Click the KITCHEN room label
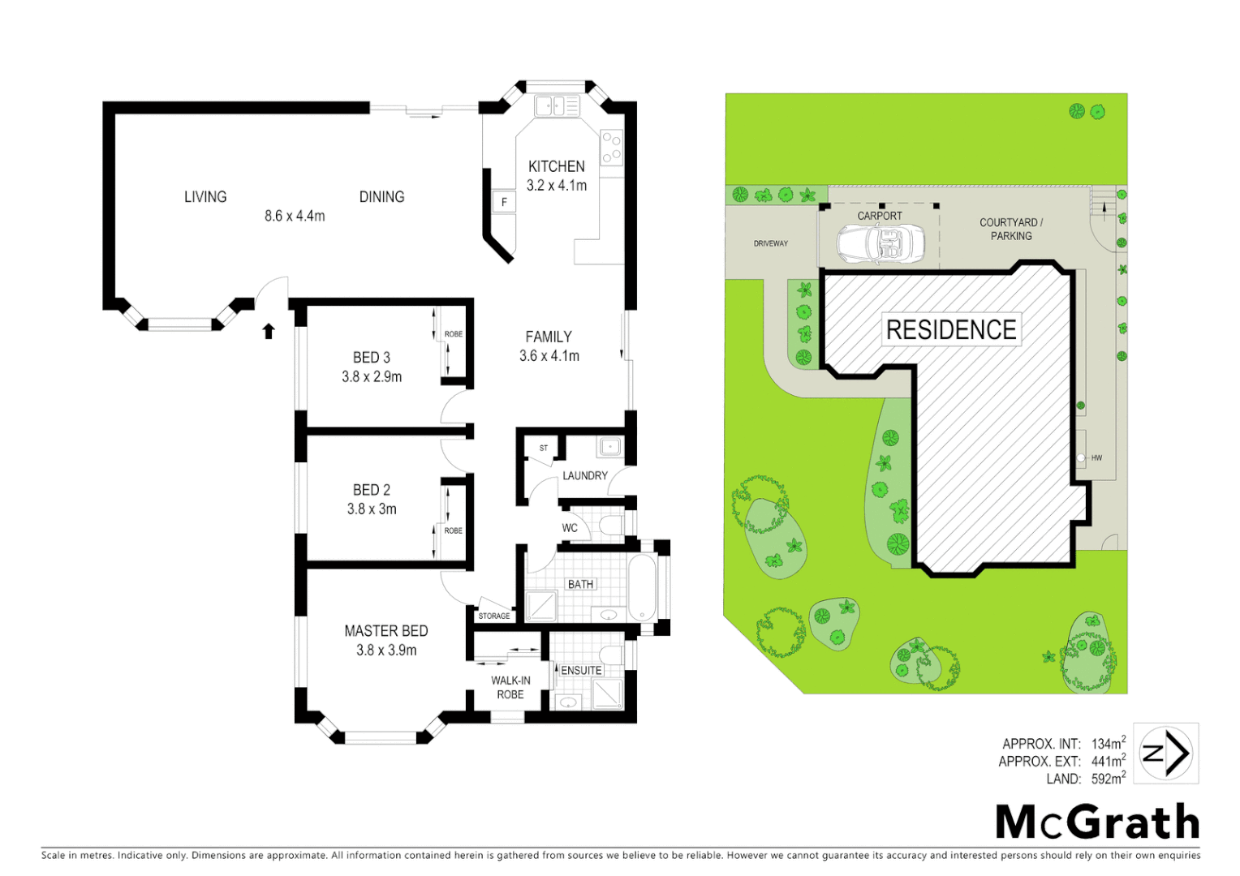coord(556,166)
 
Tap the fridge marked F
coord(504,202)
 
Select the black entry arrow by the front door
coord(269,330)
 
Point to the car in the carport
coord(880,243)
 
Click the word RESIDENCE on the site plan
coord(951,330)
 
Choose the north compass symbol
coord(1165,754)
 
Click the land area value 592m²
coord(1108,779)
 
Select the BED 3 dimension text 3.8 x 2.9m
coord(372,376)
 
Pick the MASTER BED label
coord(385,631)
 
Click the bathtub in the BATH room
coord(642,586)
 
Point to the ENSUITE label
coord(581,670)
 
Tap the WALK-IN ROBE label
coord(510,688)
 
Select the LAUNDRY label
coord(584,476)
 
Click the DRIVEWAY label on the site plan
coord(770,243)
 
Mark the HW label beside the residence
coord(1096,458)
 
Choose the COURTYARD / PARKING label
coord(1010,229)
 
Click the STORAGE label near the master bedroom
coord(494,616)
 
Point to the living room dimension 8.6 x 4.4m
coord(295,216)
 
